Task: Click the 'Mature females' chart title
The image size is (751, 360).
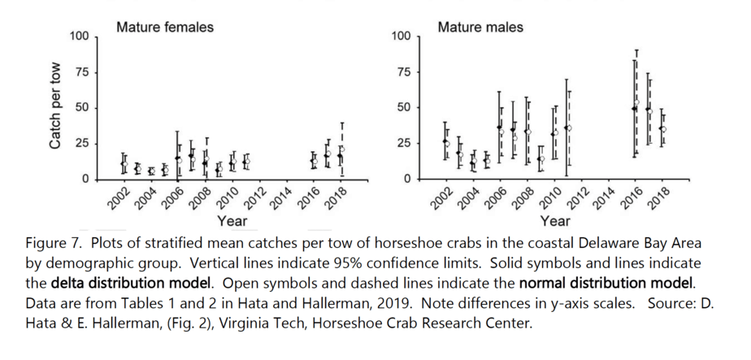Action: [165, 27]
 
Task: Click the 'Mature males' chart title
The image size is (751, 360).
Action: [480, 27]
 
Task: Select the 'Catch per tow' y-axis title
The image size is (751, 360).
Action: [55, 107]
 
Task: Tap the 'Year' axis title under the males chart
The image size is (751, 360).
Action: [554, 220]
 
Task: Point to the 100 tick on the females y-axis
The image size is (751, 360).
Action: [79, 37]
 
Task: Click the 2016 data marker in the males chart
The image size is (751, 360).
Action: [635, 108]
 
